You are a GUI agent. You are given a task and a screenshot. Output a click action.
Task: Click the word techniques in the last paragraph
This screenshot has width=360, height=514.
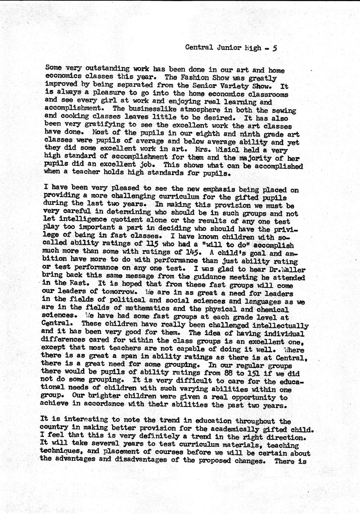[x=60, y=453]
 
